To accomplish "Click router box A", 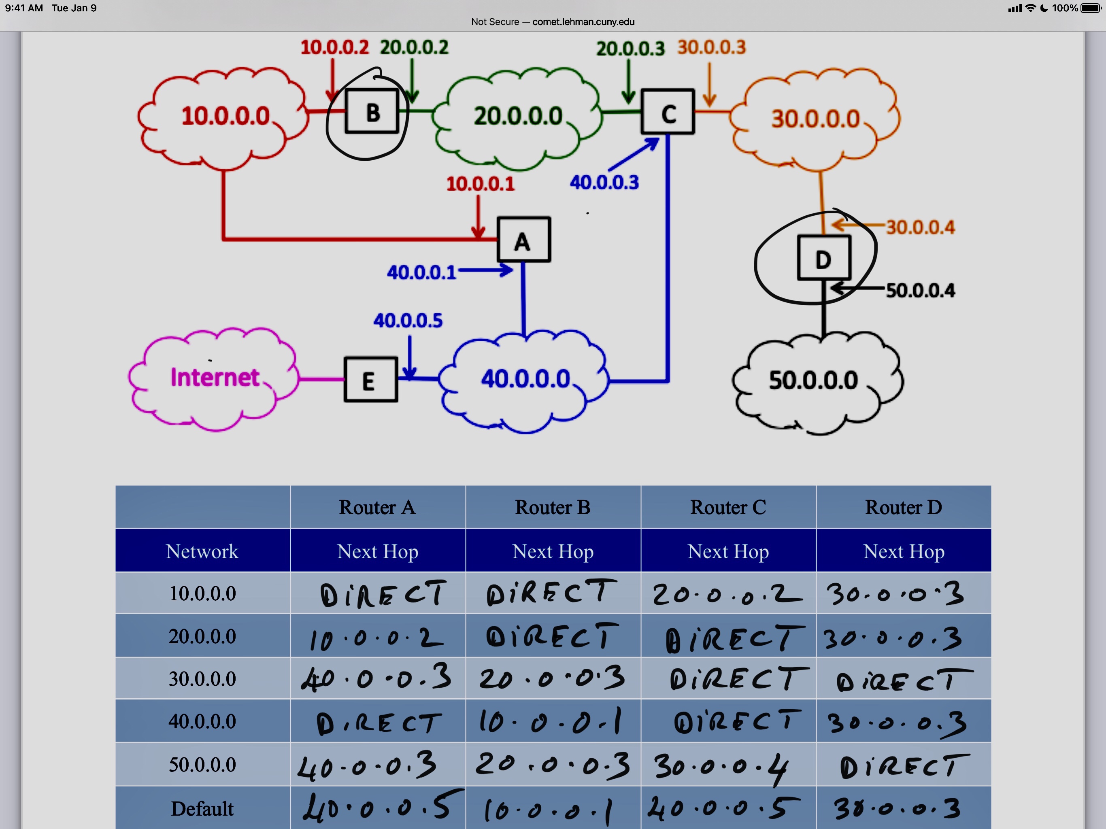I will (523, 240).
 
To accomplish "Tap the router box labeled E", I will (370, 380).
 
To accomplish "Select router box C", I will (668, 112).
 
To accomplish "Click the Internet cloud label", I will (215, 378).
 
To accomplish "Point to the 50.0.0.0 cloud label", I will (813, 380).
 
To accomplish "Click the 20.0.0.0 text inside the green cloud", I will (518, 116).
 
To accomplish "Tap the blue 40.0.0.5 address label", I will (408, 321).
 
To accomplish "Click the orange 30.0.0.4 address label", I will (921, 227).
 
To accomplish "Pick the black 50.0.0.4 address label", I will (921, 291).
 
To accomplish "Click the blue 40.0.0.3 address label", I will (604, 183).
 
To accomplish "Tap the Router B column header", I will (553, 508).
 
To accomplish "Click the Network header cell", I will (202, 551).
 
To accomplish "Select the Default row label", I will (202, 808).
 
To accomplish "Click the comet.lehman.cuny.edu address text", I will (583, 22).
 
